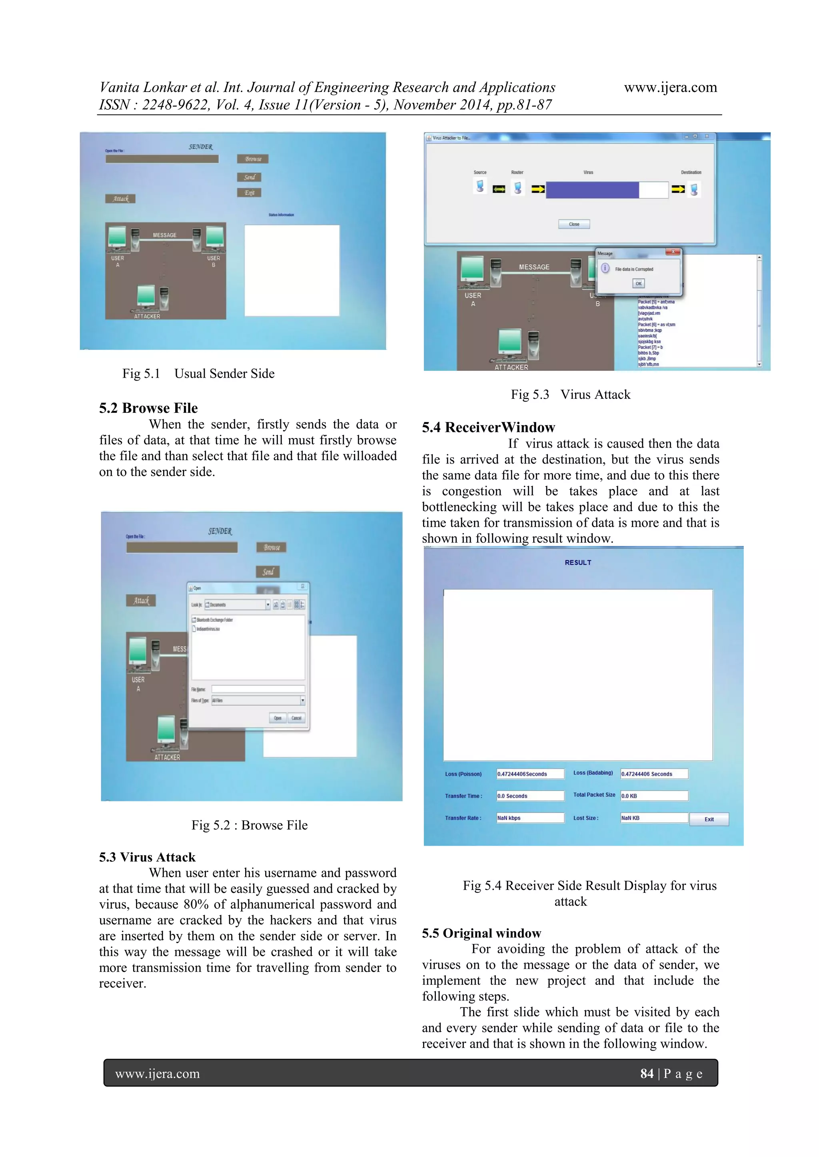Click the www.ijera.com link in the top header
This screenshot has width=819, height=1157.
tap(670, 88)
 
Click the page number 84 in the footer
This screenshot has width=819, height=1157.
tap(647, 1073)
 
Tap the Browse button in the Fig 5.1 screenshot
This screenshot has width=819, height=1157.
tap(253, 159)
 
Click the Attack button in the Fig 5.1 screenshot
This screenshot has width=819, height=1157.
tap(120, 199)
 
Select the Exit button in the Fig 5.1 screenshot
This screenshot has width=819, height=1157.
tap(249, 193)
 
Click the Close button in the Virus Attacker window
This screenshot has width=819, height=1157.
tap(574, 224)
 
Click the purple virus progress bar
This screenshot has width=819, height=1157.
tap(592, 190)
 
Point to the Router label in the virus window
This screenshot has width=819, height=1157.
tap(517, 172)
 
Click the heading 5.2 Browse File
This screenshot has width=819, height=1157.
tap(148, 408)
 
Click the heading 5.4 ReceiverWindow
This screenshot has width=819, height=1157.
tap(488, 427)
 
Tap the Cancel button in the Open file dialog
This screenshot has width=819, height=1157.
tap(297, 718)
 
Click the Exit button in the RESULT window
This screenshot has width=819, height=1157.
tap(709, 819)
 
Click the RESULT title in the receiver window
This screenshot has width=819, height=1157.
tap(578, 562)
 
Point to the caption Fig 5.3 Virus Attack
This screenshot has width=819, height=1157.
tap(570, 394)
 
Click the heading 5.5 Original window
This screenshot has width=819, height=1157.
tap(481, 933)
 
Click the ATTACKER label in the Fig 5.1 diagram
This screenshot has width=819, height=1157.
tap(147, 317)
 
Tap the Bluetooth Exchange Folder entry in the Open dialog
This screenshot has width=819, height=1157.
tap(214, 620)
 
